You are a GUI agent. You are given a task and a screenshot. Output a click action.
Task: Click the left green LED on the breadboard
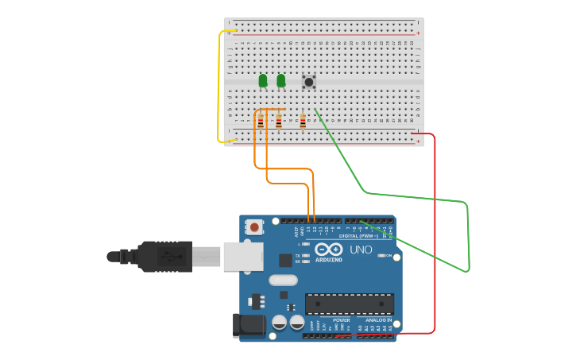click(263, 80)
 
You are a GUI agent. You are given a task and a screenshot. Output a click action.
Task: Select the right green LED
click(281, 80)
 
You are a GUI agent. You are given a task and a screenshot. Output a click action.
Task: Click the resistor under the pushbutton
click(303, 121)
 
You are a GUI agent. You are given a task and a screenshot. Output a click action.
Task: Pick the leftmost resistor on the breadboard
click(261, 121)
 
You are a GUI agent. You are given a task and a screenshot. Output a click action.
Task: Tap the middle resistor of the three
click(278, 121)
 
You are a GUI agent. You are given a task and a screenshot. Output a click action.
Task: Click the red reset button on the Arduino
click(254, 227)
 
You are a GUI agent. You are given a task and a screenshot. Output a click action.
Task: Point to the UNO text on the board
click(361, 250)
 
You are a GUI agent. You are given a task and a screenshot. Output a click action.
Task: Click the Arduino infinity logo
click(329, 249)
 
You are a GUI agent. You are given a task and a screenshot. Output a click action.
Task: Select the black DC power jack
click(248, 325)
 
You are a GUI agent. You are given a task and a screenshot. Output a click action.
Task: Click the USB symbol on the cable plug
click(168, 257)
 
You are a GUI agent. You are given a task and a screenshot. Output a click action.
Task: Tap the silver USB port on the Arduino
click(242, 257)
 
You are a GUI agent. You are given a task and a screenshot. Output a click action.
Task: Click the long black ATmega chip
click(350, 304)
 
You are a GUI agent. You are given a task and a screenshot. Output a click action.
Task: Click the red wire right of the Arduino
click(435, 238)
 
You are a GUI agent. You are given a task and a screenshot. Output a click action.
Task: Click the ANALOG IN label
click(378, 320)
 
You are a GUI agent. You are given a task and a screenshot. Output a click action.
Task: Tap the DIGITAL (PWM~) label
click(359, 235)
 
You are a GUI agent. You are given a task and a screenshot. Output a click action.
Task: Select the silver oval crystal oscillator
click(284, 280)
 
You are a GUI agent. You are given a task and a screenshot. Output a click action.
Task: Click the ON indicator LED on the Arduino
click(385, 256)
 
